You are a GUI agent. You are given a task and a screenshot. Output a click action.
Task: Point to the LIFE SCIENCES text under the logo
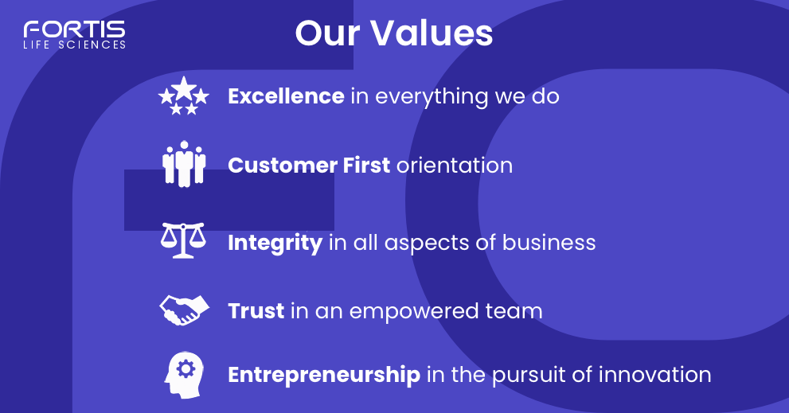74,45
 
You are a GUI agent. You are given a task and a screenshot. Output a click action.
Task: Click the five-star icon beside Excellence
184,96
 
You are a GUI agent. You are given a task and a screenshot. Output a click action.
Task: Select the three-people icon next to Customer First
184,165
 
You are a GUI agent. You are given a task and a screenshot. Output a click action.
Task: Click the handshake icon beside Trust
184,309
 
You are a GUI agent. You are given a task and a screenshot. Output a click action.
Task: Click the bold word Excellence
286,96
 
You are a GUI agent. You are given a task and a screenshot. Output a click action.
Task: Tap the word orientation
455,165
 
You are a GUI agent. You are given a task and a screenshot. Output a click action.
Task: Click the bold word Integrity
275,242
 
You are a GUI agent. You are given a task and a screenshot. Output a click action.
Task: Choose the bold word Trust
256,310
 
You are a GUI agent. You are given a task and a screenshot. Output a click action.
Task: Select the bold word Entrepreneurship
324,374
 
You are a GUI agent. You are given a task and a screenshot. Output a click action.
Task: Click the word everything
432,97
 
